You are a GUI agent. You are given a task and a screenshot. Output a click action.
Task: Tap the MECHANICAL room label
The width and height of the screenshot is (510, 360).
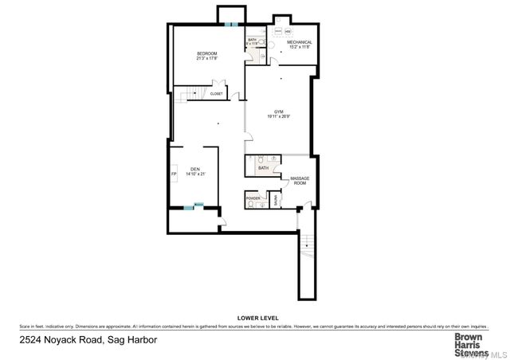tap(295, 42)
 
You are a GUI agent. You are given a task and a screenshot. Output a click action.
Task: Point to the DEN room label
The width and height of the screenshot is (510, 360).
tap(195, 169)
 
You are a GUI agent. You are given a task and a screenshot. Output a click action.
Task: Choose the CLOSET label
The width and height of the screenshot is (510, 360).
tap(217, 94)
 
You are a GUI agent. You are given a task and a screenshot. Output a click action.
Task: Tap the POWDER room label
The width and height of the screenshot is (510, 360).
tap(253, 197)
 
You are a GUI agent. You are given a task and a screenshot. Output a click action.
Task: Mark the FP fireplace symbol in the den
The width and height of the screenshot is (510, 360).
tap(173, 174)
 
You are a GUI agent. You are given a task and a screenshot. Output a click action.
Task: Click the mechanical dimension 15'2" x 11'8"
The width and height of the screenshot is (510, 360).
tap(295, 47)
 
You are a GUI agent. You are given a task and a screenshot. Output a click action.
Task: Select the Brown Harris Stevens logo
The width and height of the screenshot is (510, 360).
tap(465, 343)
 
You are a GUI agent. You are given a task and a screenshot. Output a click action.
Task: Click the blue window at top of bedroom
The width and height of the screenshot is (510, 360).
tap(231, 25)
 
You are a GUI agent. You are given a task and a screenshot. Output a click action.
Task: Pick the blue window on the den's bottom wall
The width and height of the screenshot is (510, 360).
tap(189, 208)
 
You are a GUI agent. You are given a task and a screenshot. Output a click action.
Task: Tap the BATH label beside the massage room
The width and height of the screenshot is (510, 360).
tap(263, 168)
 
